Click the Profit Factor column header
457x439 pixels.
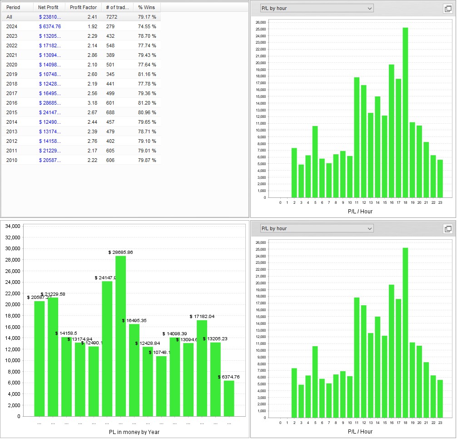[x=83, y=7]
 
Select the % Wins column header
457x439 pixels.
[x=147, y=7]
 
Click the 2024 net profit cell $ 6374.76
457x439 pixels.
[x=50, y=26]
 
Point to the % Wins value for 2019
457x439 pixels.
[x=147, y=74]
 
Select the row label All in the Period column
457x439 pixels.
[x=9, y=17]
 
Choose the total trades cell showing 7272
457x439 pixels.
[x=111, y=17]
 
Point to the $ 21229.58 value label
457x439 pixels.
[x=53, y=294]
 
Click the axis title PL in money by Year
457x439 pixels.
[x=134, y=432]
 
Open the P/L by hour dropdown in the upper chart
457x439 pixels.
[x=317, y=8]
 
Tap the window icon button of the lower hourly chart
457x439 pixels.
[x=447, y=229]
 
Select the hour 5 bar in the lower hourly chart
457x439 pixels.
[x=315, y=382]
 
